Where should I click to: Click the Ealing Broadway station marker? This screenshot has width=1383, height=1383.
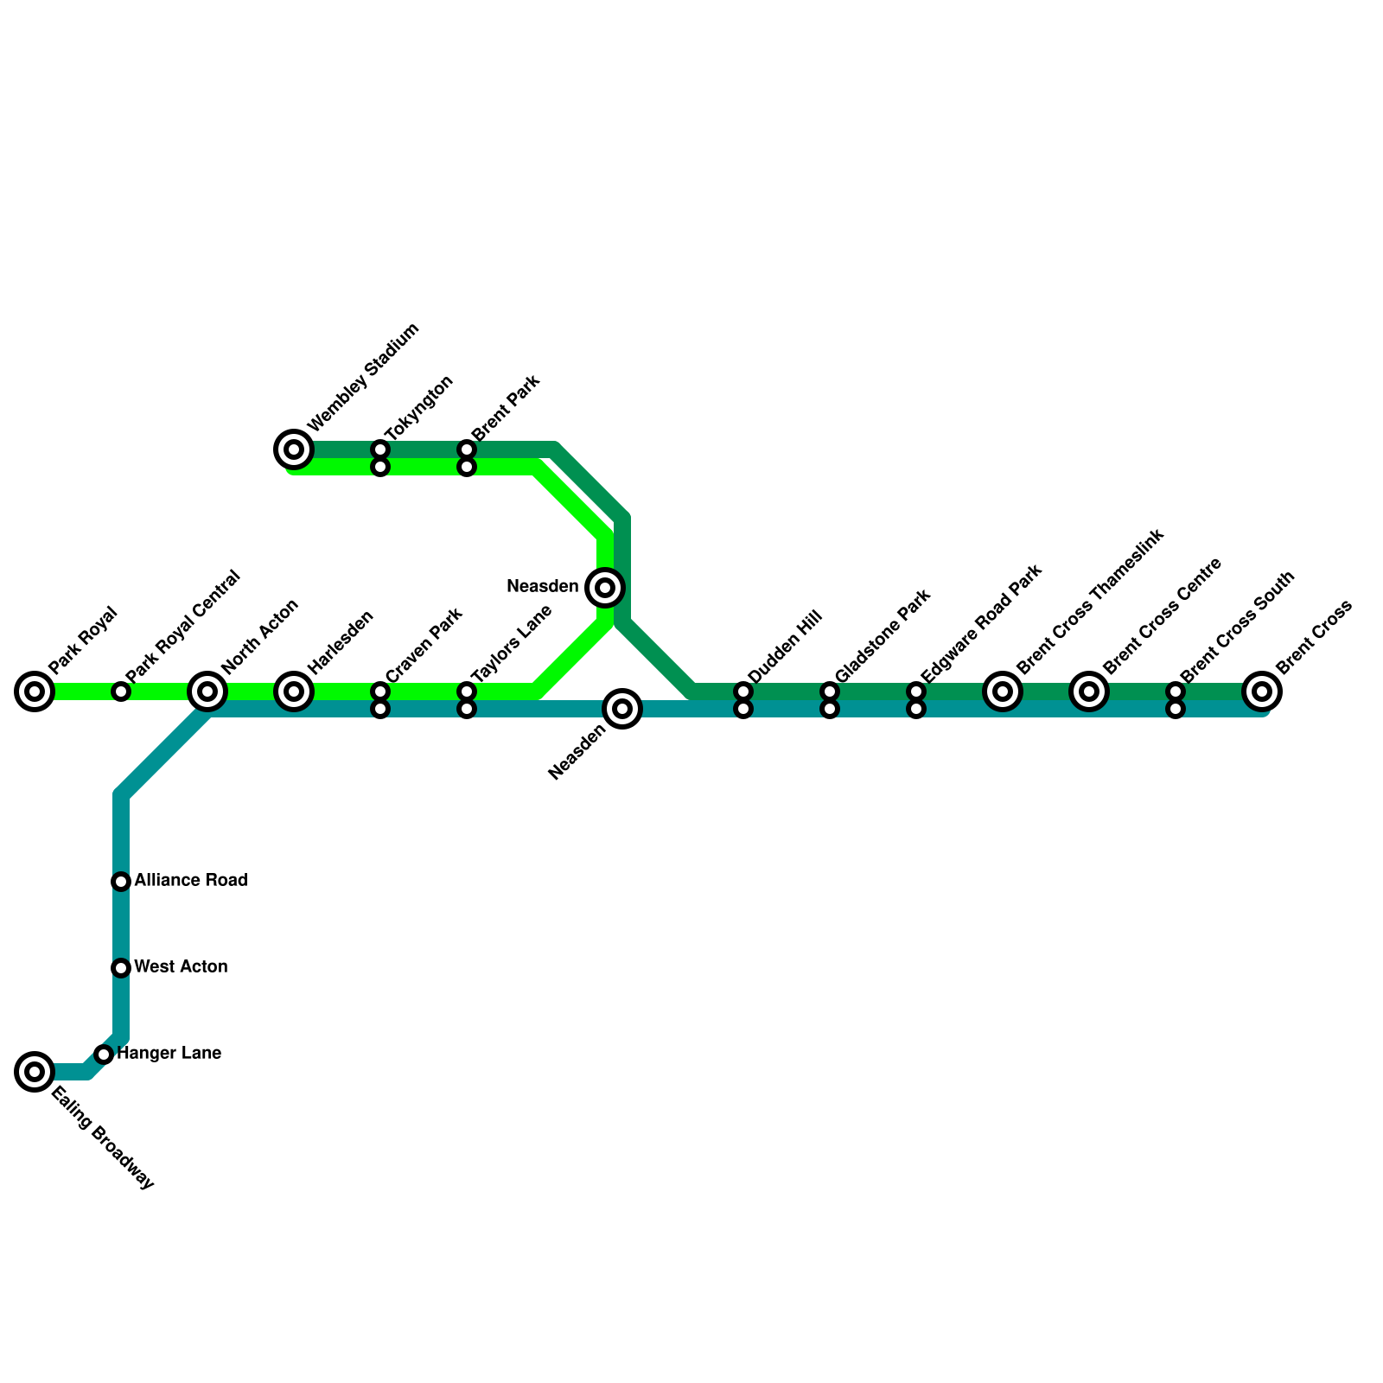[x=35, y=1072]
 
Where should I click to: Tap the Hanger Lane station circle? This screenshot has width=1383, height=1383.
[x=104, y=1055]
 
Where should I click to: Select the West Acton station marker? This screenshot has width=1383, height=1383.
[x=121, y=968]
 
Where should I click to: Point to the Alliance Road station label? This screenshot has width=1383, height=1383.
[x=191, y=881]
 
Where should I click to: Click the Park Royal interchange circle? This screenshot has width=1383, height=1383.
[x=35, y=691]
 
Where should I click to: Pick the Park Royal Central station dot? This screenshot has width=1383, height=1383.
[x=121, y=691]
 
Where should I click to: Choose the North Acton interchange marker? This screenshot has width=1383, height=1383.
[x=207, y=691]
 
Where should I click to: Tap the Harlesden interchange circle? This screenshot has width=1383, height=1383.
[x=294, y=691]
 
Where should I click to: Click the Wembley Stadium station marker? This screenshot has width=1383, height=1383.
[x=294, y=449]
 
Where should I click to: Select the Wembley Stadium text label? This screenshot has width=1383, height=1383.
[x=363, y=378]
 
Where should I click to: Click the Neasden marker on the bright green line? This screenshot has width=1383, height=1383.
[x=605, y=588]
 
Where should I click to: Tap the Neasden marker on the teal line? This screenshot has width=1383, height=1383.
[x=622, y=710]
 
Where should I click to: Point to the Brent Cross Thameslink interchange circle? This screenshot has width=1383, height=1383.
[x=1003, y=691]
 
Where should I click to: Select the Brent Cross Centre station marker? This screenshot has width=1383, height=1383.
[x=1089, y=691]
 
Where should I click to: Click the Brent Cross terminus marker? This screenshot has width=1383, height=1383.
[x=1262, y=691]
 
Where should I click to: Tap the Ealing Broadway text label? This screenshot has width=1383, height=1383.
[x=102, y=1139]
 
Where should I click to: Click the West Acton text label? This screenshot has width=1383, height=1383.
[x=181, y=967]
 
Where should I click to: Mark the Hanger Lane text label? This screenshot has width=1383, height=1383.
[x=169, y=1054]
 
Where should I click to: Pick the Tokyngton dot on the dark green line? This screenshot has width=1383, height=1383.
[x=380, y=449]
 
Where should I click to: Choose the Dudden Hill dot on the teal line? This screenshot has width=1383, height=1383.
[x=743, y=710]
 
